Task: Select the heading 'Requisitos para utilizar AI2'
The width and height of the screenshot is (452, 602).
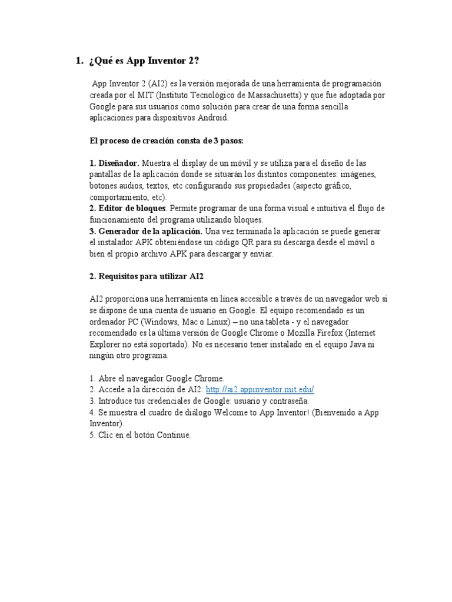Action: pyautogui.click(x=150, y=276)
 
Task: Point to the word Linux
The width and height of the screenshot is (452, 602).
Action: pyautogui.click(x=226, y=322)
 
